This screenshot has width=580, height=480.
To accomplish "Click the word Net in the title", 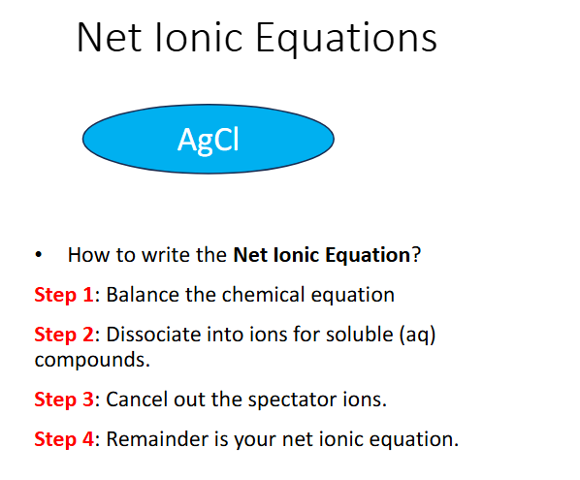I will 110,39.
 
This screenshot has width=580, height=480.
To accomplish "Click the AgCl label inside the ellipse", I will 208,140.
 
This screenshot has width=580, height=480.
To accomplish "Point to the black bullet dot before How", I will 38,257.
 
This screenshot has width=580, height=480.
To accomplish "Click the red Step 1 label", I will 63,294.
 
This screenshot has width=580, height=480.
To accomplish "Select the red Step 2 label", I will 63,335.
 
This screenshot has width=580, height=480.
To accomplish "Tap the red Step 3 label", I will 63,399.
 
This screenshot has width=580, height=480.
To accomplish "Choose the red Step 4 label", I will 63,438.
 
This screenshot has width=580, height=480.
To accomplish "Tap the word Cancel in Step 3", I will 134,399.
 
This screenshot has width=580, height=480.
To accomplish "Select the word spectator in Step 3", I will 278,400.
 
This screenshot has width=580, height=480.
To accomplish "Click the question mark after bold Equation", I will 416,256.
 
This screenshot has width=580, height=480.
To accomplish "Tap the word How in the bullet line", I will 85,256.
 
